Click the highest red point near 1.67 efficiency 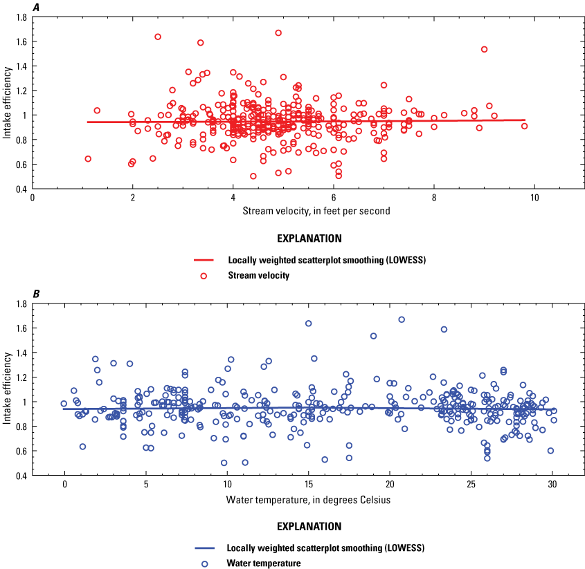point(278,32)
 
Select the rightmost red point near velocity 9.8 point(524,126)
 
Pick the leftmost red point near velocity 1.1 point(88,158)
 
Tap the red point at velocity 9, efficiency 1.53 point(484,49)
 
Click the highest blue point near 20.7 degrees point(402,319)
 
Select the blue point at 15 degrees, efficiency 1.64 point(308,323)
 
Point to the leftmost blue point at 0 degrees point(64,404)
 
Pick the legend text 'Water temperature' point(264,563)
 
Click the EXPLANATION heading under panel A point(309,239)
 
